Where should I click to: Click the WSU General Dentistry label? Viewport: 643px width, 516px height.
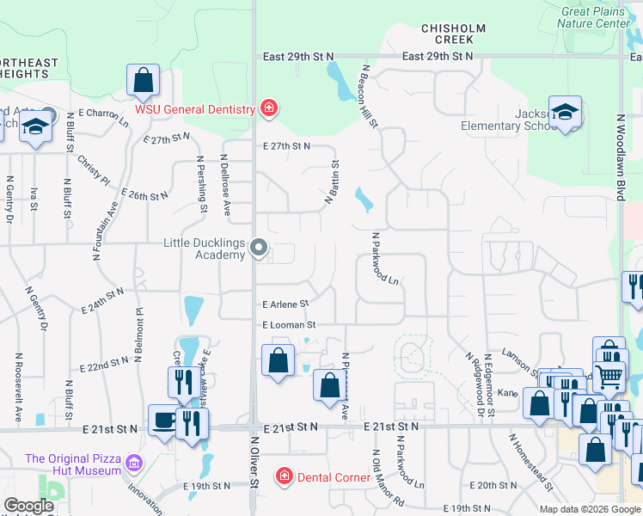[194, 109]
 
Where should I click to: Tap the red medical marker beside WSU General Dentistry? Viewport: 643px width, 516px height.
[269, 108]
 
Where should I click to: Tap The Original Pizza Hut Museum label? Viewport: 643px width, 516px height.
[73, 464]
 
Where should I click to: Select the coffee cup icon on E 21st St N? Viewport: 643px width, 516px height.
[162, 421]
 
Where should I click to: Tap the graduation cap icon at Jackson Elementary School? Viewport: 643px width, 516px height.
[566, 112]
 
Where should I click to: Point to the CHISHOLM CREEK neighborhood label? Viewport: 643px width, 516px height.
[447, 34]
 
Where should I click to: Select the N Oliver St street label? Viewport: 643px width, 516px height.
[255, 473]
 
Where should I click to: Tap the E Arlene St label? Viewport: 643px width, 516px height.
[285, 304]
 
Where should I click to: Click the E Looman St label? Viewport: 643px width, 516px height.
[290, 325]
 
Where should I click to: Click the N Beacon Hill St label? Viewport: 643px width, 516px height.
[370, 95]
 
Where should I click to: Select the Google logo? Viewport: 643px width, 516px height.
[29, 507]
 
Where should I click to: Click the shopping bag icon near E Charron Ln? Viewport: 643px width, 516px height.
[144, 80]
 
